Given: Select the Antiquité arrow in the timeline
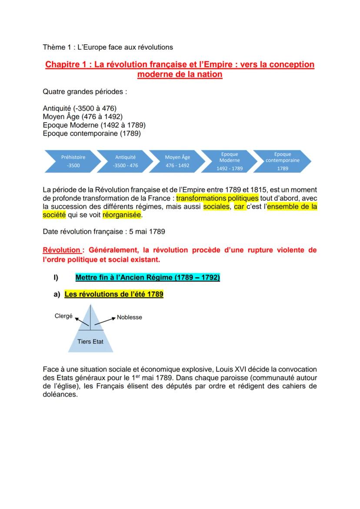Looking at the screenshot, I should pos(125,161).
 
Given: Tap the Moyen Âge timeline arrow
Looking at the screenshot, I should pos(177,161).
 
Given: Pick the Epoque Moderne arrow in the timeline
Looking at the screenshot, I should pos(230,161).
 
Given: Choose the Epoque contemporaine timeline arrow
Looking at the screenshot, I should pos(283,161).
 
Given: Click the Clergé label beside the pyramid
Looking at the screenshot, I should pos(63,316).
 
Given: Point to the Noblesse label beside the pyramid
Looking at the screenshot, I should pos(130,317).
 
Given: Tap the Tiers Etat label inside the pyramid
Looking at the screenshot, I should pos(90,342).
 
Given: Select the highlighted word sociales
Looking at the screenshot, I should pos(216,206).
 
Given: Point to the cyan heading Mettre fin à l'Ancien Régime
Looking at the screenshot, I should pos(147,277).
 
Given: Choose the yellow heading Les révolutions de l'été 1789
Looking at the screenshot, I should pos(114,294).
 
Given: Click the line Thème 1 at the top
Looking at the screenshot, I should pos(108,47).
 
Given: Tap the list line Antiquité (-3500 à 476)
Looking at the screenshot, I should pos(80,108).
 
